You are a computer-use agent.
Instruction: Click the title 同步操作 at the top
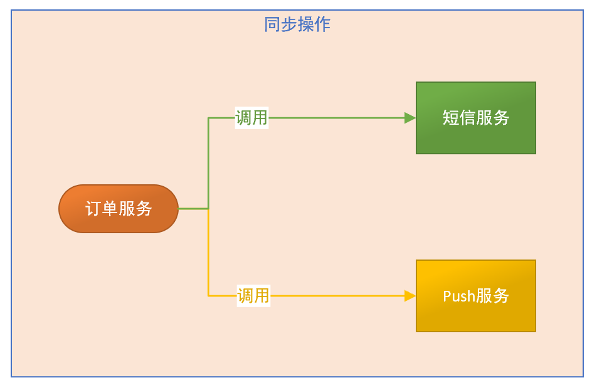pos(297,24)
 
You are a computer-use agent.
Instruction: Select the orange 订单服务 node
pos(119,209)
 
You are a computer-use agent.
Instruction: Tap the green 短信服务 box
pos(475,118)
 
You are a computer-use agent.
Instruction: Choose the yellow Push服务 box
pos(475,296)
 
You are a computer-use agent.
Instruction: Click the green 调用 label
pos(251,118)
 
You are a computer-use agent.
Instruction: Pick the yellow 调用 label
pos(253,295)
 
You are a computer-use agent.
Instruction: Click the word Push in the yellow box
pos(459,296)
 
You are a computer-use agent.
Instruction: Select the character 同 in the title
pos(272,24)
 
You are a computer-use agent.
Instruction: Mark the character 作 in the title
pos(322,24)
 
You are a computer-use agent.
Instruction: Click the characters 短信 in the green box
pos(459,118)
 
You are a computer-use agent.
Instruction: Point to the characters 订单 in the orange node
pos(102,209)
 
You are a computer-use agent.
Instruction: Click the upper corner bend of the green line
pos(208,118)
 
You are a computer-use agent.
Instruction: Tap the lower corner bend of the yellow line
pos(208,295)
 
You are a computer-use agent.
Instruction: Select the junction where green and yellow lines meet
pos(208,209)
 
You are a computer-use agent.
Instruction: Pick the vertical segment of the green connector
pos(208,163)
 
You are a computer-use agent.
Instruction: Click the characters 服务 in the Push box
pos(493,296)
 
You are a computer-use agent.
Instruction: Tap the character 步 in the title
pos(288,24)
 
